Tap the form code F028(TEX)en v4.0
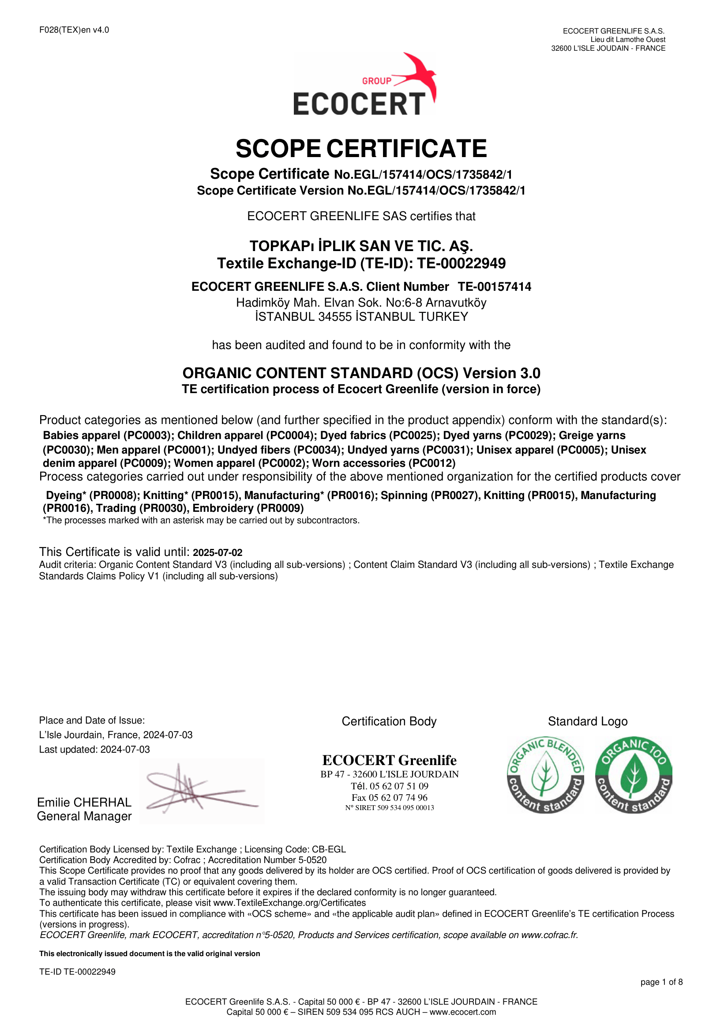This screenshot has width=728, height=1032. click(74, 30)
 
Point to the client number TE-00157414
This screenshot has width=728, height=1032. click(494, 287)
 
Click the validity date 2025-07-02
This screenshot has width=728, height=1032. click(218, 553)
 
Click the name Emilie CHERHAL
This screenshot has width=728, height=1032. click(84, 802)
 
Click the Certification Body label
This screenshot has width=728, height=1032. click(389, 721)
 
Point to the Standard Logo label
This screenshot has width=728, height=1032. click(587, 721)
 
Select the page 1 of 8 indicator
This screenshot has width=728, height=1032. click(661, 982)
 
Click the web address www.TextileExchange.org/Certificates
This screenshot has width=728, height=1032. click(289, 903)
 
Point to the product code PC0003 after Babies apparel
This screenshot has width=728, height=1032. click(146, 435)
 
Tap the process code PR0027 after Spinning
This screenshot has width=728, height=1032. click(454, 495)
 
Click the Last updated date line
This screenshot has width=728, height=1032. click(94, 749)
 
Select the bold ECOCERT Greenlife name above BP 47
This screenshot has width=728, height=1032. click(389, 760)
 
